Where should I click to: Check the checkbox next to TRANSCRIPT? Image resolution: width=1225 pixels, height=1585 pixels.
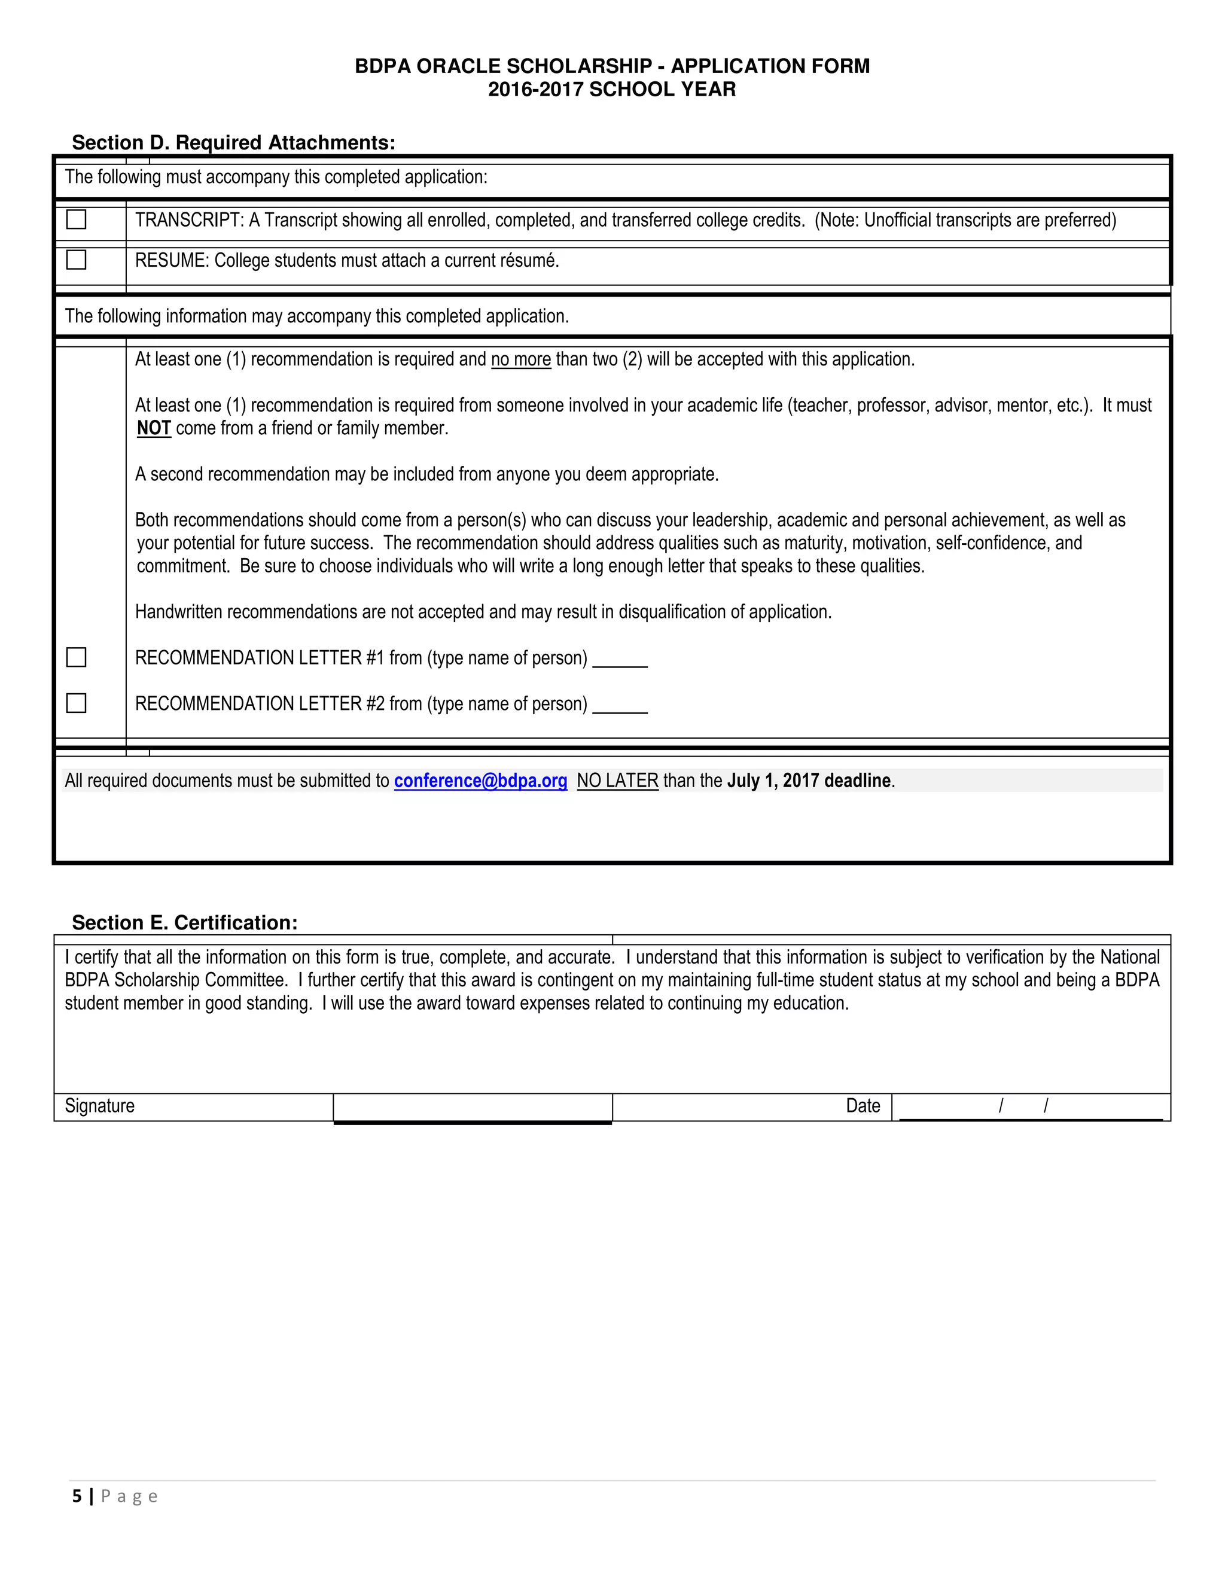coord(76,219)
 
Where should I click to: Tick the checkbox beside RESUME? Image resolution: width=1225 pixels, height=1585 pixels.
coord(76,260)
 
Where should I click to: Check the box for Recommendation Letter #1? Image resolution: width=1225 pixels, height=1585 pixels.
coord(76,657)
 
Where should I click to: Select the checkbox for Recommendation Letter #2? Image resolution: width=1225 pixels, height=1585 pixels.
coord(76,703)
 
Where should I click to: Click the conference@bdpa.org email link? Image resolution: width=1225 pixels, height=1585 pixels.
coord(480,781)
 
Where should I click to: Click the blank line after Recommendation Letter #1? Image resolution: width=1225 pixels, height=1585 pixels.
coord(620,660)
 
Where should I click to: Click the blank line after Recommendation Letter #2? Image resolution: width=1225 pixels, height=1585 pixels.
coord(620,706)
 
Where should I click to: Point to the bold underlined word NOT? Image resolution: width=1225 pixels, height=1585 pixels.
coord(154,428)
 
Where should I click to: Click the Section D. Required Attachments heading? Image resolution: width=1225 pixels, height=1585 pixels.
coord(234,142)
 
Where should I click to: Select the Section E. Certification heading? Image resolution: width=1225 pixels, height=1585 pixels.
coord(184,922)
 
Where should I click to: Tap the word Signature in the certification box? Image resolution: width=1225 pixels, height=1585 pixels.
coord(99,1106)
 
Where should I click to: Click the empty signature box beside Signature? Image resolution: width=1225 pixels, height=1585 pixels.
coord(473,1108)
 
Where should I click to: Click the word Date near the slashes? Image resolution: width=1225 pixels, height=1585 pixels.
coord(863,1106)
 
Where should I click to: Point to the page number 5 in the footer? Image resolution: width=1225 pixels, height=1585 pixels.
coord(77,1496)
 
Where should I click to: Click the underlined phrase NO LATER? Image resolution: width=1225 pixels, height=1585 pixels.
coord(617,781)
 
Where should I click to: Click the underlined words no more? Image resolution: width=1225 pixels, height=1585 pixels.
coord(521,359)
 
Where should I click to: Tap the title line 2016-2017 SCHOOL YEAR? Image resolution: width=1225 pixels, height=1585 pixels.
coord(612,89)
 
